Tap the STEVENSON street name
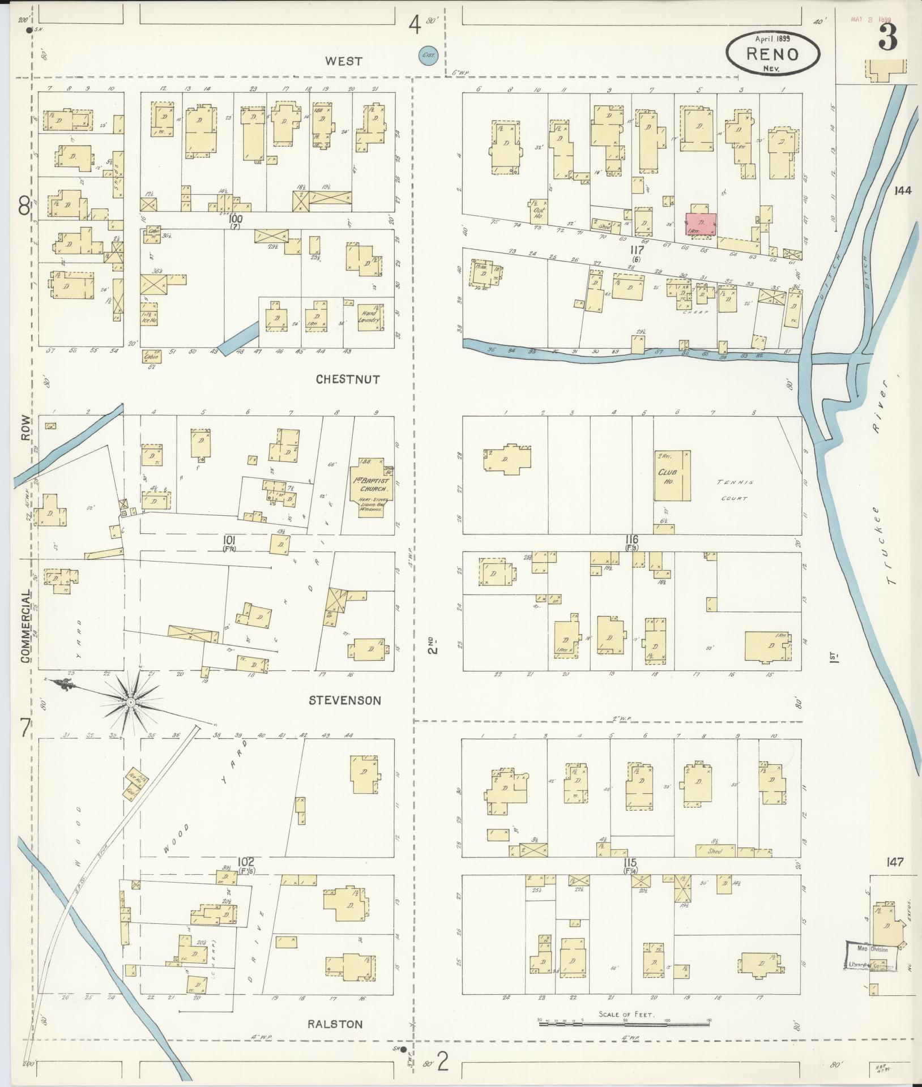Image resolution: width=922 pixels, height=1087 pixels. (x=345, y=700)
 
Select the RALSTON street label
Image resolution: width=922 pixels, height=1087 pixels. (x=335, y=1024)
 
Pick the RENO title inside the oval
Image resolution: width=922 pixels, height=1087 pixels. (x=772, y=54)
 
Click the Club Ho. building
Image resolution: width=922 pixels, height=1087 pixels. (x=672, y=476)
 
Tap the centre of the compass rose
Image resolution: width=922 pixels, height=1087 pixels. (x=130, y=702)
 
